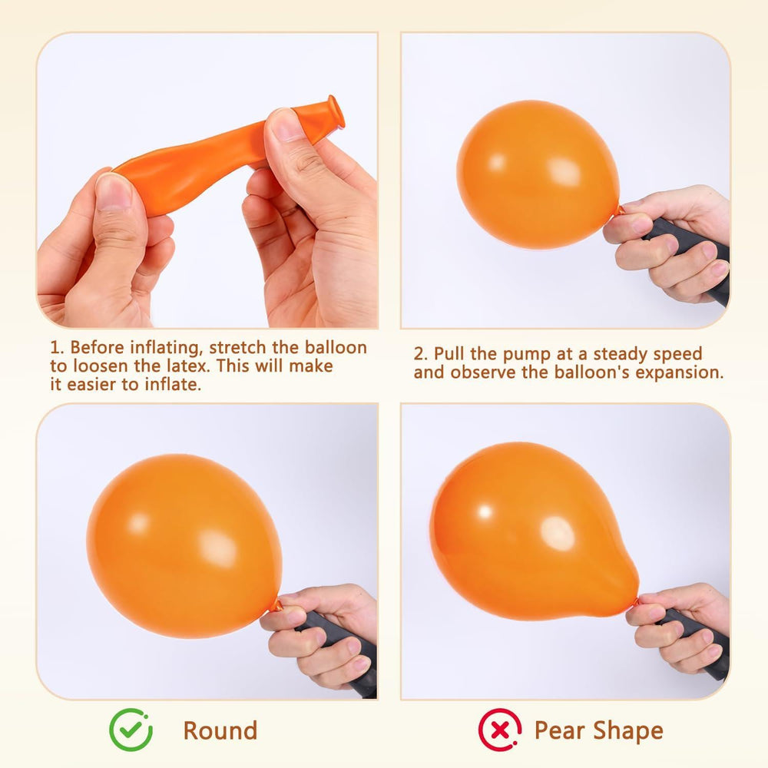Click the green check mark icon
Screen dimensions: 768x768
(x=131, y=730)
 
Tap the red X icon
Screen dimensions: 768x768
(x=500, y=730)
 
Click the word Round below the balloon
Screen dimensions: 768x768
(x=220, y=731)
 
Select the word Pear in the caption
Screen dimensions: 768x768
(x=561, y=730)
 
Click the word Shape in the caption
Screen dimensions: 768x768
(x=628, y=731)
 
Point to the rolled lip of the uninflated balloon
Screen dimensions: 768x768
(x=336, y=111)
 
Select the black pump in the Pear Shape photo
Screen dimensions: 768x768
(x=696, y=641)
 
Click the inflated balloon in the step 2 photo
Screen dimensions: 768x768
(x=538, y=174)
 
